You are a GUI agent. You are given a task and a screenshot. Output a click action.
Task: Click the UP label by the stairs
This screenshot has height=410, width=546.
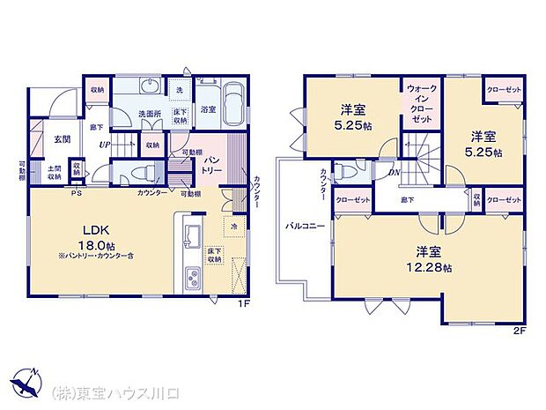pyautogui.click(x=105, y=145)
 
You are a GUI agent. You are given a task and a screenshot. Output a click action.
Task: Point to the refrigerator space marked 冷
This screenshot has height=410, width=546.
pyautogui.click(x=233, y=225)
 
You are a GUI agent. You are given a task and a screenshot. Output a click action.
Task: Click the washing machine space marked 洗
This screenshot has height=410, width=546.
pyautogui.click(x=180, y=90)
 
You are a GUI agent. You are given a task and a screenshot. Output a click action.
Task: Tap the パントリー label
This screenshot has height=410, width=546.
pyautogui.click(x=212, y=165)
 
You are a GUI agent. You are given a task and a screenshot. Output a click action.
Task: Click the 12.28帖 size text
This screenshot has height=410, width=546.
pyautogui.click(x=435, y=267)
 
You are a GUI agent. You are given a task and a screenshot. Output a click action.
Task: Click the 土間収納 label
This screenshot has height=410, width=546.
pyautogui.click(x=54, y=173)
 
